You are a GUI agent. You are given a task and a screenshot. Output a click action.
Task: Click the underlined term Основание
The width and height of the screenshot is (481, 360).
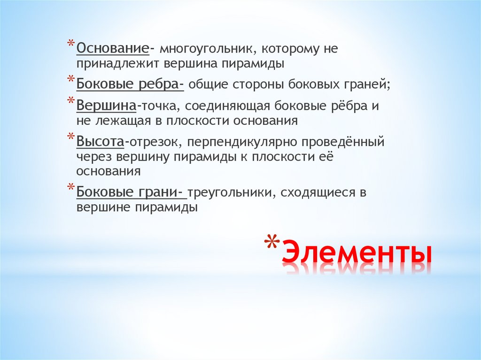tap(113, 48)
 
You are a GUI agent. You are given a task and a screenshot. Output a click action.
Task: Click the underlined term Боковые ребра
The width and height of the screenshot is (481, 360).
tap(130, 84)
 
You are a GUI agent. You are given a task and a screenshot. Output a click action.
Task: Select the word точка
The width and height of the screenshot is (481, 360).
tap(155, 106)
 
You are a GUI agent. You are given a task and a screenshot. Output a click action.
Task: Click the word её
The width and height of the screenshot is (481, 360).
tap(327, 156)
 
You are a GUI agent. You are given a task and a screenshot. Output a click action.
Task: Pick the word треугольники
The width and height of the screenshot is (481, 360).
tap(229, 193)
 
